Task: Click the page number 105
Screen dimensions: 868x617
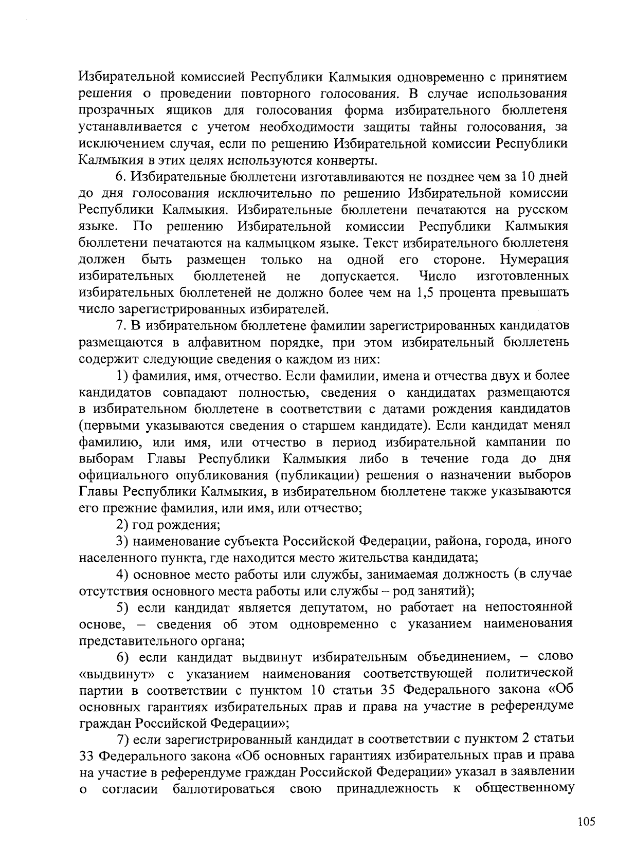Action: pyautogui.click(x=586, y=822)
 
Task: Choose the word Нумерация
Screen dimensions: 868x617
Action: pyautogui.click(x=535, y=260)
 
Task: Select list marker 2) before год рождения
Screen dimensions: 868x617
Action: pyautogui.click(x=122, y=525)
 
